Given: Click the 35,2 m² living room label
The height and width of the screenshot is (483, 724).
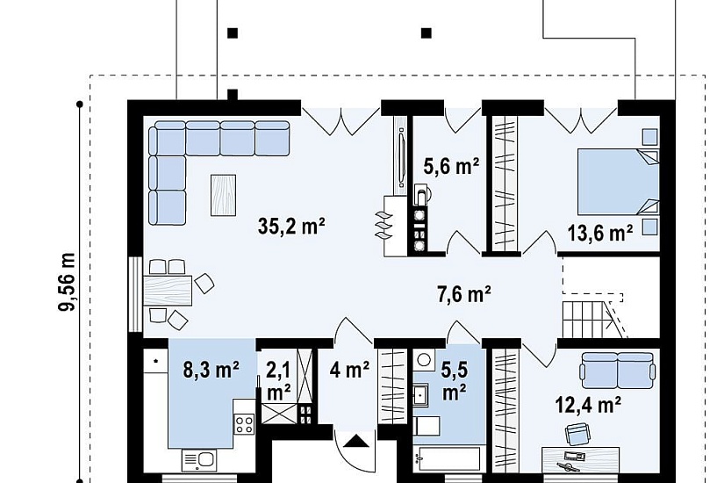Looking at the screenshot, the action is [x=291, y=226].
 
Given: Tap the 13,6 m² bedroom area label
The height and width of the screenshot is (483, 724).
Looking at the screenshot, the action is [x=599, y=233].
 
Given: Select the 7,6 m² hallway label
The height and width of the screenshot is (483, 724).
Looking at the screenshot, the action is [x=463, y=294].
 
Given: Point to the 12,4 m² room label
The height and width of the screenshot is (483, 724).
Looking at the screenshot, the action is [x=587, y=405].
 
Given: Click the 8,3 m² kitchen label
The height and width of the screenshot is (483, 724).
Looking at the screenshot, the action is [x=211, y=370].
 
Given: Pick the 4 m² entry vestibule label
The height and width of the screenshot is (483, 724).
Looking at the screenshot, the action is [x=349, y=370].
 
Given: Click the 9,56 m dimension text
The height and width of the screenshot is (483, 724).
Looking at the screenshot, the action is [x=67, y=282].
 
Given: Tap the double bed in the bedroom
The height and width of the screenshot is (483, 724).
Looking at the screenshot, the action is [x=619, y=181].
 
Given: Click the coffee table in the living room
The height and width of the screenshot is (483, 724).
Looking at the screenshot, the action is [x=224, y=195].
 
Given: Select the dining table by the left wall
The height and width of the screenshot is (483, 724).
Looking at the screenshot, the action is [x=168, y=291].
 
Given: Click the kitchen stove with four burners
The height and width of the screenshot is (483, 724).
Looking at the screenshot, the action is [x=244, y=424].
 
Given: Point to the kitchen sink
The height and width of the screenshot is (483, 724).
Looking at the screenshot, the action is [x=199, y=460].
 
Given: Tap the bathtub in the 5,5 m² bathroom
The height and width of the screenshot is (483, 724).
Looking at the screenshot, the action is [x=447, y=458].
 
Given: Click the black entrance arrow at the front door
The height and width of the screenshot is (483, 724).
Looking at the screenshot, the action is [x=357, y=442].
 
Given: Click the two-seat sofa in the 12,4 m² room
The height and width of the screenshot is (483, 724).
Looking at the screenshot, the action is [x=618, y=370].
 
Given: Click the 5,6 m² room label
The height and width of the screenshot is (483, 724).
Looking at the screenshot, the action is [x=451, y=166].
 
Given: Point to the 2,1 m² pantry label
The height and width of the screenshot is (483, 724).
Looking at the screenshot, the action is [x=279, y=381].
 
